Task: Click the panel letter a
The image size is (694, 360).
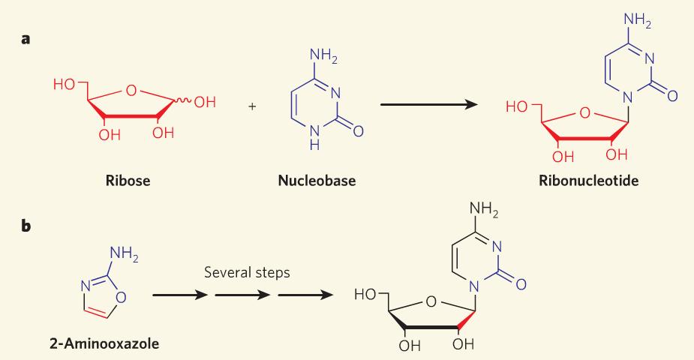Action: (x=26, y=39)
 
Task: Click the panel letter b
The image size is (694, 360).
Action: (x=26, y=226)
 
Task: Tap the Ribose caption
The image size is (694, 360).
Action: (x=128, y=181)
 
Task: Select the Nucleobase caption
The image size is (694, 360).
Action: (x=317, y=181)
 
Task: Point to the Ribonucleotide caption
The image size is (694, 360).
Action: (x=589, y=181)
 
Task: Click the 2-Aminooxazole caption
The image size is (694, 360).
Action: (x=104, y=343)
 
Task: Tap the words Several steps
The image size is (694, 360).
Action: (x=247, y=272)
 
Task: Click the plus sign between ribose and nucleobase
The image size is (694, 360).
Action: (x=252, y=106)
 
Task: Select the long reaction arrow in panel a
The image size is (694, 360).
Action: (x=429, y=104)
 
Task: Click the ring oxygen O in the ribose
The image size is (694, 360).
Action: (x=131, y=90)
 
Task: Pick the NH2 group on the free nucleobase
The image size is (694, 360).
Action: (x=323, y=56)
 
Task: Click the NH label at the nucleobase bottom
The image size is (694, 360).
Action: (x=314, y=137)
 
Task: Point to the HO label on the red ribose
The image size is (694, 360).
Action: (x=65, y=84)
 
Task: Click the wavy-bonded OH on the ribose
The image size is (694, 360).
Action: (x=205, y=102)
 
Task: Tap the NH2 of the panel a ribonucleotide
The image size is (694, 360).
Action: (x=637, y=20)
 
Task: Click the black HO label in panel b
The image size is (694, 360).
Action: (x=365, y=294)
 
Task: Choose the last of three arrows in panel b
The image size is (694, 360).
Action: (x=305, y=295)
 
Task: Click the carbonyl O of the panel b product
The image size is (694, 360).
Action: (x=521, y=284)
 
